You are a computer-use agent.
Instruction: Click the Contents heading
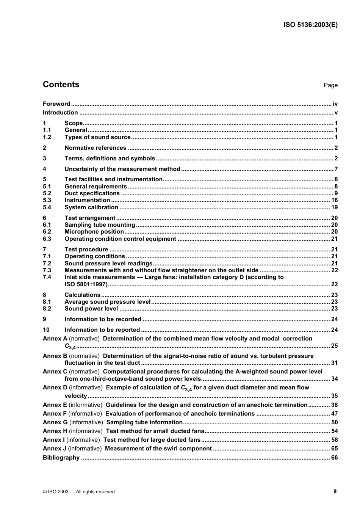pyautogui.click(x=61, y=85)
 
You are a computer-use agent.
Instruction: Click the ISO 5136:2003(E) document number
pyautogui.click(x=310, y=25)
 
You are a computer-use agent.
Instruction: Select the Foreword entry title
pyautogui.click(x=56, y=104)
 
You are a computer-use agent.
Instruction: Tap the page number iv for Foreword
pyautogui.click(x=335, y=104)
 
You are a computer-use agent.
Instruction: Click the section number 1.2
pyautogui.click(x=47, y=137)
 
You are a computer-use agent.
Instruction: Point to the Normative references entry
pyautogui.click(x=95, y=148)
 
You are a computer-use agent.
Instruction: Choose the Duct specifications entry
pyautogui.click(x=92, y=193)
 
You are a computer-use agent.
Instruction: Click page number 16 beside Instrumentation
pyautogui.click(x=334, y=200)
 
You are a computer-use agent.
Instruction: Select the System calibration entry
pyautogui.click(x=91, y=207)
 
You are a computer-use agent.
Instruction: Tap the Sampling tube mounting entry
pyautogui.click(x=100, y=225)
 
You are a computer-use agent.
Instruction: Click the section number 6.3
pyautogui.click(x=47, y=239)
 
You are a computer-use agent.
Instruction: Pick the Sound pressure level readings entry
pyautogui.click(x=108, y=264)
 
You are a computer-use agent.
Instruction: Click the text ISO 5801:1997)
pyautogui.click(x=86, y=284)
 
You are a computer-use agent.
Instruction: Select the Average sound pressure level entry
pyautogui.click(x=108, y=302)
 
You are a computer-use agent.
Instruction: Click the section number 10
pyautogui.click(x=46, y=330)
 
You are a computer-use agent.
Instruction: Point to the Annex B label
pyautogui.click(x=55, y=356)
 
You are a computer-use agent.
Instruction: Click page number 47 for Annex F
pyautogui.click(x=334, y=414)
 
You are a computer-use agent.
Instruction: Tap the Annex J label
pyautogui.click(x=55, y=449)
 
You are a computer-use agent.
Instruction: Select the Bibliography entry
pyautogui.click(x=61, y=458)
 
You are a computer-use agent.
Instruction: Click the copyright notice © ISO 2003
pyautogui.click(x=79, y=492)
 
